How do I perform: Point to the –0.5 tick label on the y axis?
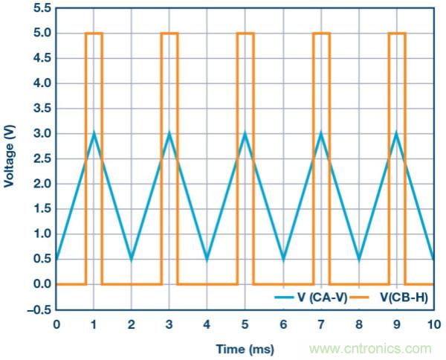(x=39, y=309)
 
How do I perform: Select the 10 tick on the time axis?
(x=434, y=324)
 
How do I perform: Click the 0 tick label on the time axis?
(x=56, y=324)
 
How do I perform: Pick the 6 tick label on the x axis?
(x=283, y=324)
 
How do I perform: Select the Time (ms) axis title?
(x=245, y=348)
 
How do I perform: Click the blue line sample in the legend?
(x=285, y=297)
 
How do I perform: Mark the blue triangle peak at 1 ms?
(x=94, y=133)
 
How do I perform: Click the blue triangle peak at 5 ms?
(x=245, y=133)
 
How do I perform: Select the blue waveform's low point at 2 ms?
(x=132, y=259)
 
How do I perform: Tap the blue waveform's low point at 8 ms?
(x=359, y=259)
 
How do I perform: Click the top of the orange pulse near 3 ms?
(x=169, y=33)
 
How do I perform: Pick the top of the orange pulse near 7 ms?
(x=321, y=33)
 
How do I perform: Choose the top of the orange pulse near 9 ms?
(x=397, y=33)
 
